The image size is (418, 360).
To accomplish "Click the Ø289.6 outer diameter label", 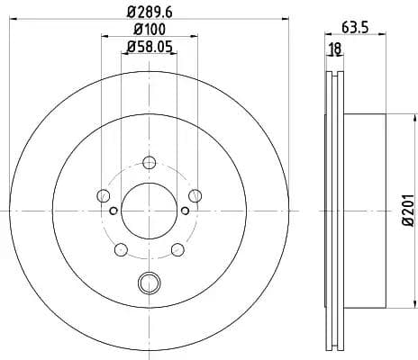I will coord(149,13).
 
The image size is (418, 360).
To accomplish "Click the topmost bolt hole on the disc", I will coord(150,162).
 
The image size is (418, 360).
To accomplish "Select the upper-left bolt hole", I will coord(104,195).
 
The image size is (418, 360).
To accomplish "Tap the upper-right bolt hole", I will coord(195,195).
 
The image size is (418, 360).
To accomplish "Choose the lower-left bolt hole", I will coord(122,249).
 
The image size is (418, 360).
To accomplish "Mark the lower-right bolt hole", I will coord(177,249).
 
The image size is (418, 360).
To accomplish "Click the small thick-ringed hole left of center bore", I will coord(113,211).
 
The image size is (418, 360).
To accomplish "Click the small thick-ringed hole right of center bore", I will coord(186,211).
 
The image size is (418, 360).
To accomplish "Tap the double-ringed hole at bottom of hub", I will coord(149,284).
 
